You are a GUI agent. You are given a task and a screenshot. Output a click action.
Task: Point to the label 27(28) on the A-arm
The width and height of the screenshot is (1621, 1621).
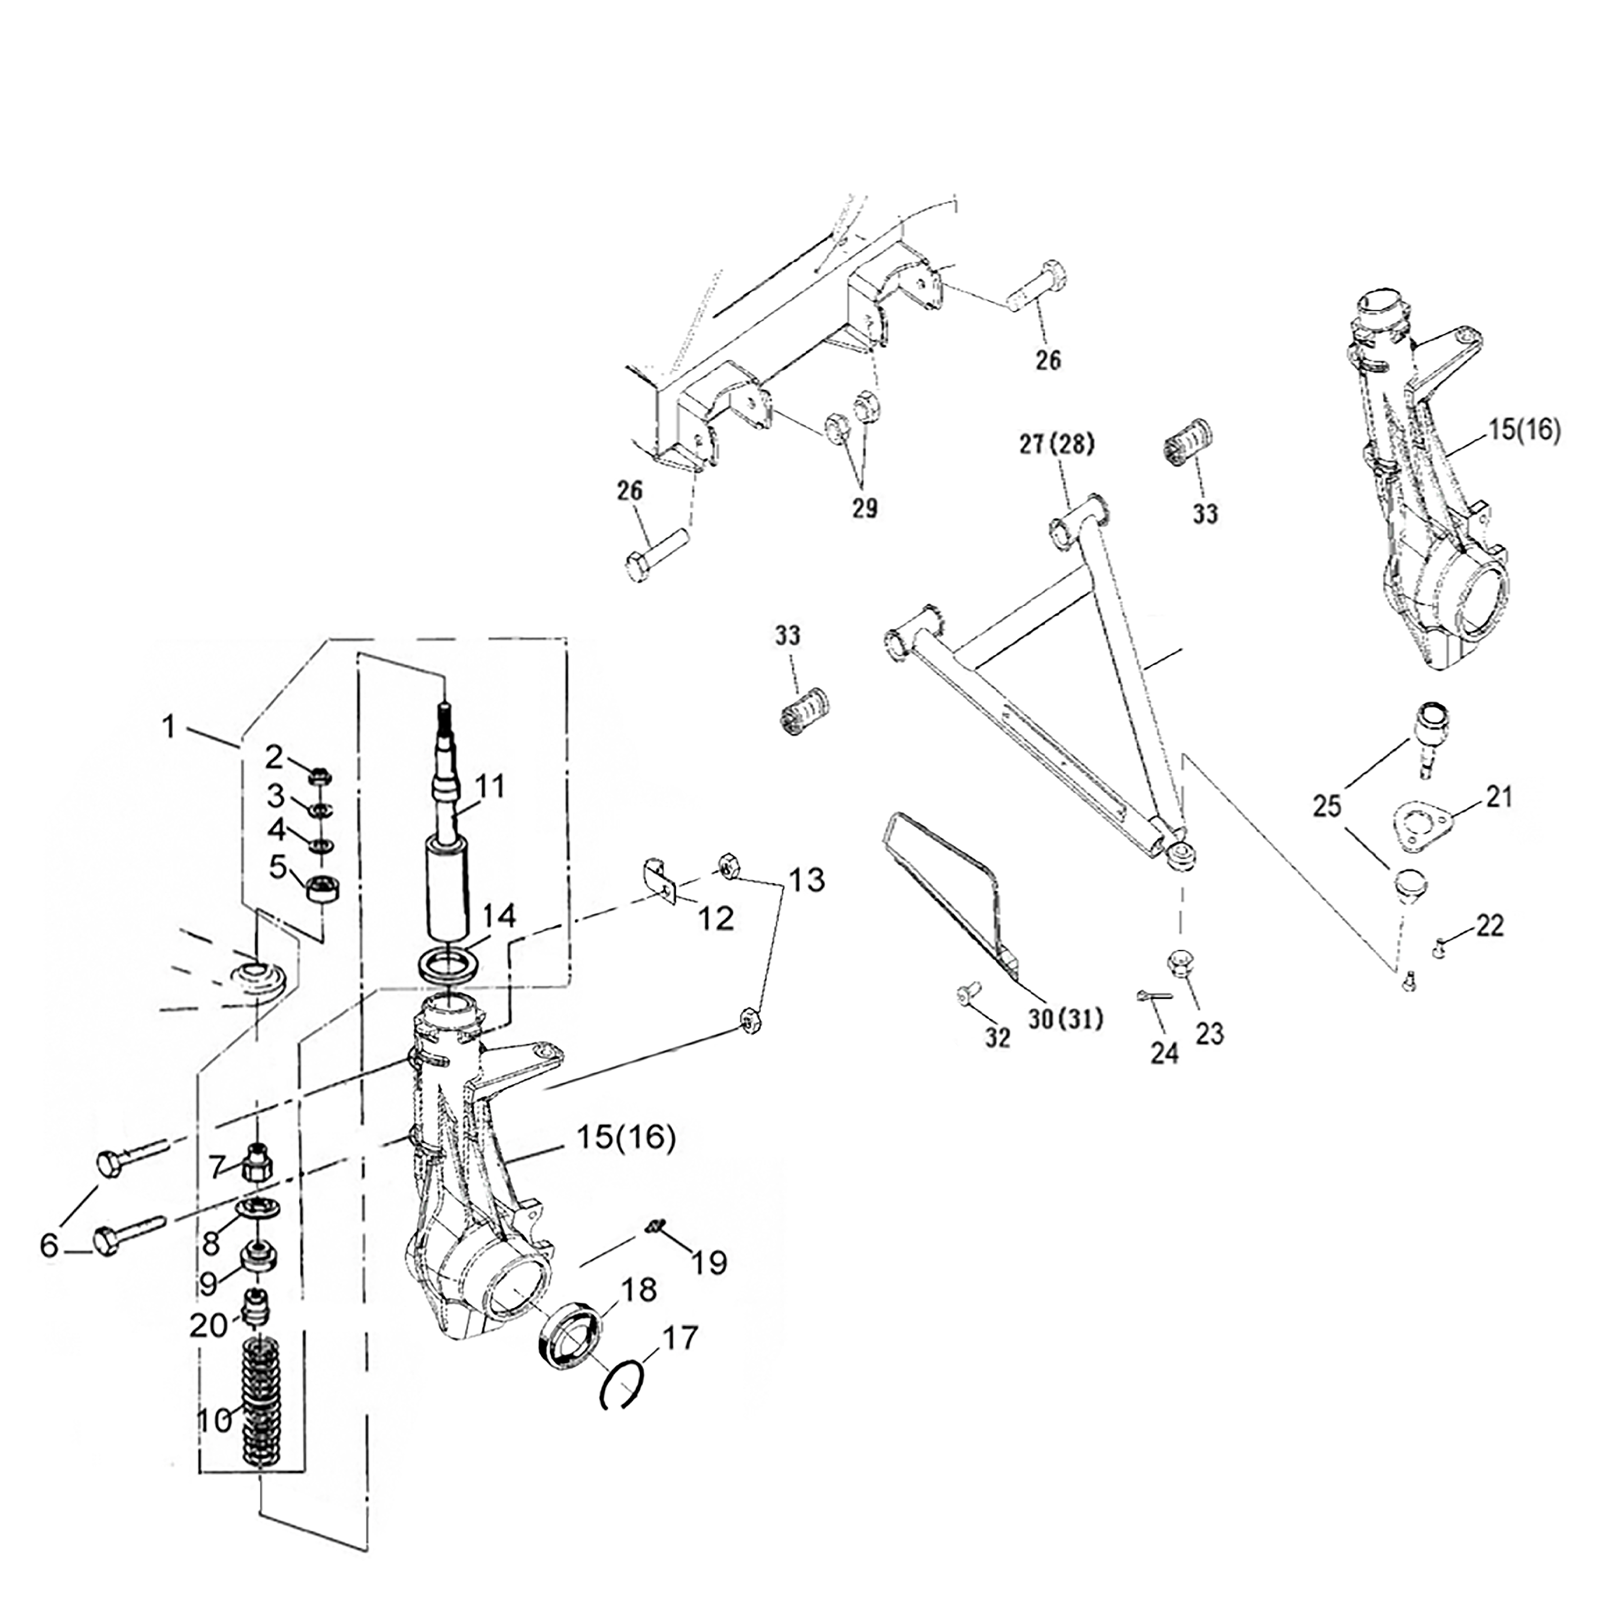tap(1058, 445)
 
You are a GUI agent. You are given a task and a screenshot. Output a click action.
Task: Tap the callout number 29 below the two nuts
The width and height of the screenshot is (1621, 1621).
tap(865, 508)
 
